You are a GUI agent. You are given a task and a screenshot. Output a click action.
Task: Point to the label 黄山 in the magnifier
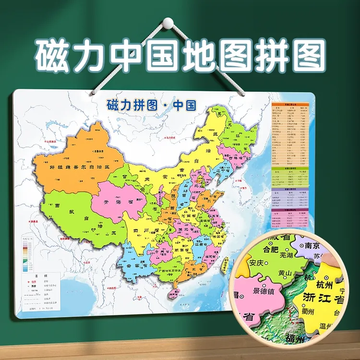(285, 274)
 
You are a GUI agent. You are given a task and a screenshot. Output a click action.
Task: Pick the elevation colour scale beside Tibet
(27, 257)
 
